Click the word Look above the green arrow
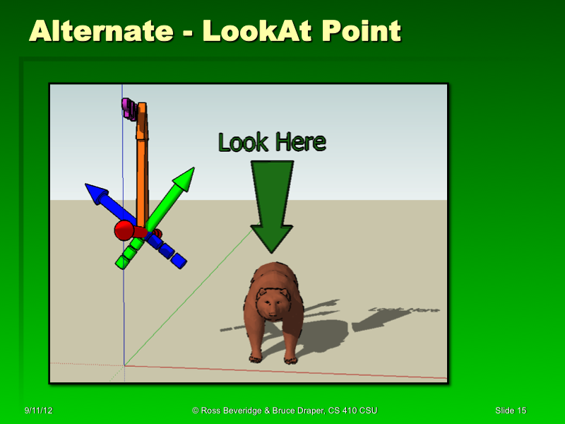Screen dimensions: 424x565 coord(242,143)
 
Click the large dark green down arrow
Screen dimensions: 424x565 coord(272,205)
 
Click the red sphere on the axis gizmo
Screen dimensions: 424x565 coord(124,230)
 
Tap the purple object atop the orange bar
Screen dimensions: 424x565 coord(129,109)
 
